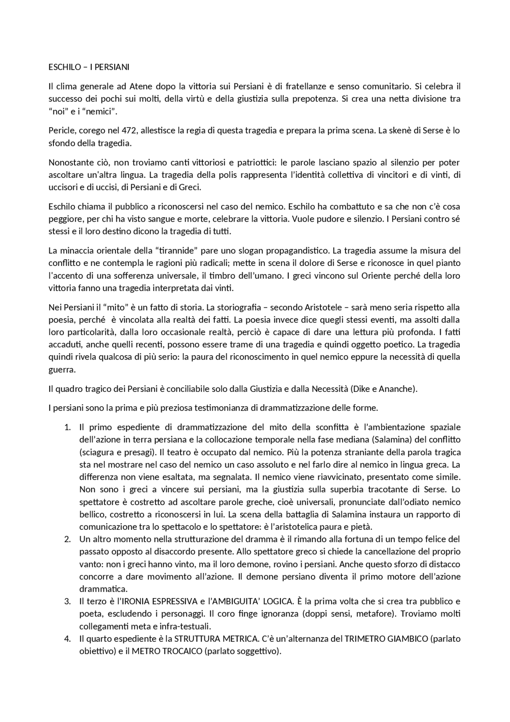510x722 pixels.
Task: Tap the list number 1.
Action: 67,427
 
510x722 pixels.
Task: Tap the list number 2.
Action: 67,539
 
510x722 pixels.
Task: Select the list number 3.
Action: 67,601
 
